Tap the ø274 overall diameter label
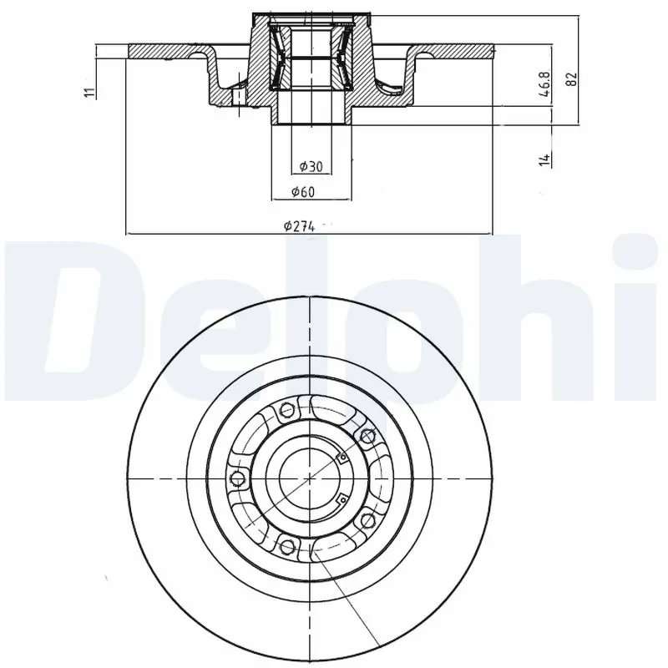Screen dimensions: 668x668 [298, 226]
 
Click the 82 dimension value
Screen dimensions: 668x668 [572, 78]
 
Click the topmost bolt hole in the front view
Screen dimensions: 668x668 [286, 409]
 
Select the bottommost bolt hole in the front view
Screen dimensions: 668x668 [287, 548]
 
